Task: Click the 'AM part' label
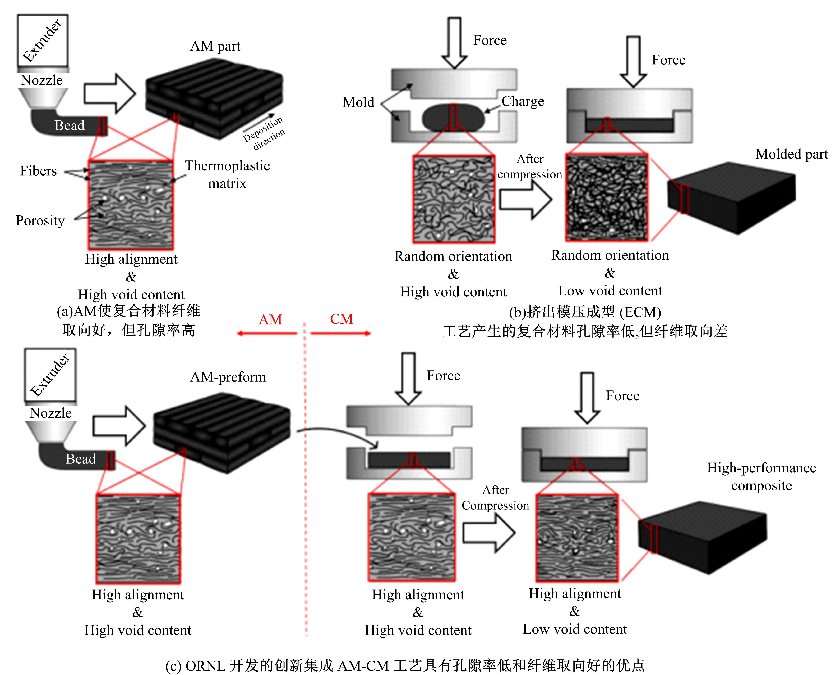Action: click(x=215, y=46)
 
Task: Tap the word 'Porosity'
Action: click(x=40, y=221)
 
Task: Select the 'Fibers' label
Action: click(x=38, y=171)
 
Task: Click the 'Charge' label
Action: click(x=523, y=101)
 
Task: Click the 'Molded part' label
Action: click(x=791, y=154)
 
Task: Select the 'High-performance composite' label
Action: click(x=761, y=476)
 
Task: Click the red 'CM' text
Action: click(x=341, y=319)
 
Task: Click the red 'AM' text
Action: click(x=270, y=320)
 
